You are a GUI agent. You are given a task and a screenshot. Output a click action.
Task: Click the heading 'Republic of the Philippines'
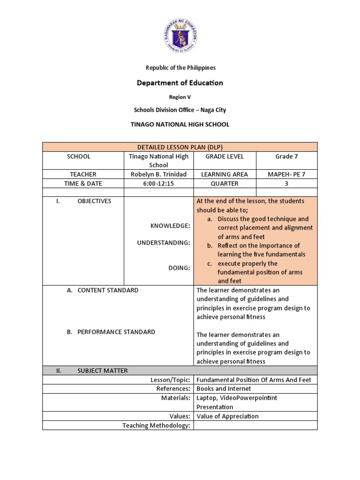(180, 67)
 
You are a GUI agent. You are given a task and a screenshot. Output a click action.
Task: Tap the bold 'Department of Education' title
(180, 83)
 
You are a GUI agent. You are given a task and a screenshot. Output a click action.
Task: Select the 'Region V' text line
(180, 97)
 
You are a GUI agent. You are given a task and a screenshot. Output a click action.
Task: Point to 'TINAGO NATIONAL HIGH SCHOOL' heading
(180, 124)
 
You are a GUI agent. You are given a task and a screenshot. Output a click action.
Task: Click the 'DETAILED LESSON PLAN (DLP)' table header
(180, 147)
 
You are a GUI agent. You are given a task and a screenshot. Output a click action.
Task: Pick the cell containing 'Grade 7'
(286, 157)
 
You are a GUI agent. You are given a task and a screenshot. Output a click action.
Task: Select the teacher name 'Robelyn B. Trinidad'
(158, 174)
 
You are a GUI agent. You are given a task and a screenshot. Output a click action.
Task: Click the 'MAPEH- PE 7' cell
(286, 174)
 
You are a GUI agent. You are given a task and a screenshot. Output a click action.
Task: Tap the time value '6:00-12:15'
(158, 184)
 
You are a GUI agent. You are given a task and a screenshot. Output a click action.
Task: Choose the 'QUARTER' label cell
(225, 184)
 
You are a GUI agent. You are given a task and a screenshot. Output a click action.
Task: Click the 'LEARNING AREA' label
(225, 174)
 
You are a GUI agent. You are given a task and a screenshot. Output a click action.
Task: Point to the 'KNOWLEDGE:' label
(170, 226)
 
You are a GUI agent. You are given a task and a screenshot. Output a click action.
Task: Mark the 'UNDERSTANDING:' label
(164, 243)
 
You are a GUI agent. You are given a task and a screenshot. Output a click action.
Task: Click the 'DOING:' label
(179, 268)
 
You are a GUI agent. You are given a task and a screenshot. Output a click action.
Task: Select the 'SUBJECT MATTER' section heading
(103, 371)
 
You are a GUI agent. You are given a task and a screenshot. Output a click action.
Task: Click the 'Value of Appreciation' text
(227, 416)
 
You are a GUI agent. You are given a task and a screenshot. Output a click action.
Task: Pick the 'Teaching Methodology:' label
(156, 426)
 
